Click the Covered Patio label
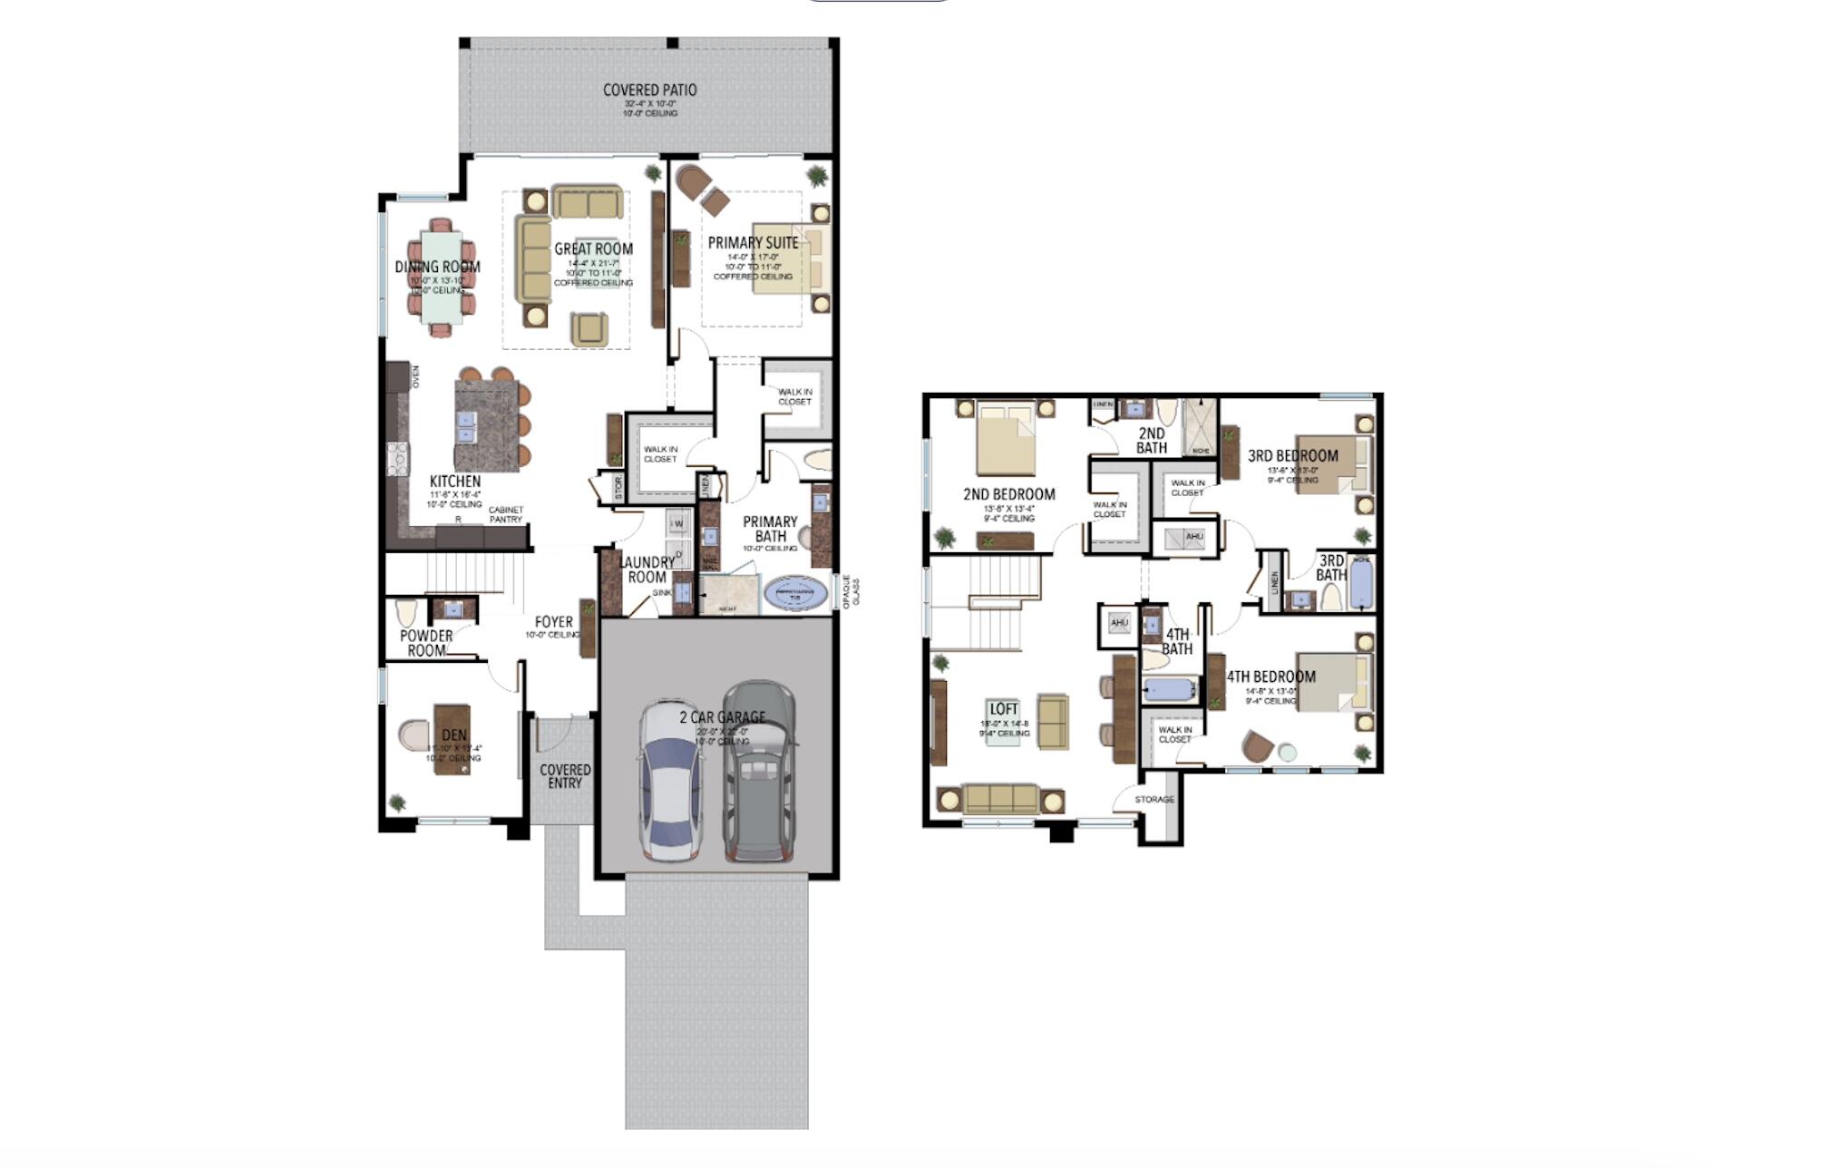(650, 91)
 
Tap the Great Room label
(593, 249)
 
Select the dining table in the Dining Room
(442, 277)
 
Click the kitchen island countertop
(487, 424)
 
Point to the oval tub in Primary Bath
(796, 595)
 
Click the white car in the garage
(670, 782)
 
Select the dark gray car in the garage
(760, 773)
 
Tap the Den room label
(454, 735)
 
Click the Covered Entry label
(565, 776)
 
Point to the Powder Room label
(426, 643)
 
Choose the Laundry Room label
(647, 569)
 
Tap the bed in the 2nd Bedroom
(1005, 440)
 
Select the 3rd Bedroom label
(1292, 456)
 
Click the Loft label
(1004, 709)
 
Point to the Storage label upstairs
(1154, 800)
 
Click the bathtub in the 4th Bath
(1170, 689)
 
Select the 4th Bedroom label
(1270, 676)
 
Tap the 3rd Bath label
(1330, 568)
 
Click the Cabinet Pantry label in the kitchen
(506, 515)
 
